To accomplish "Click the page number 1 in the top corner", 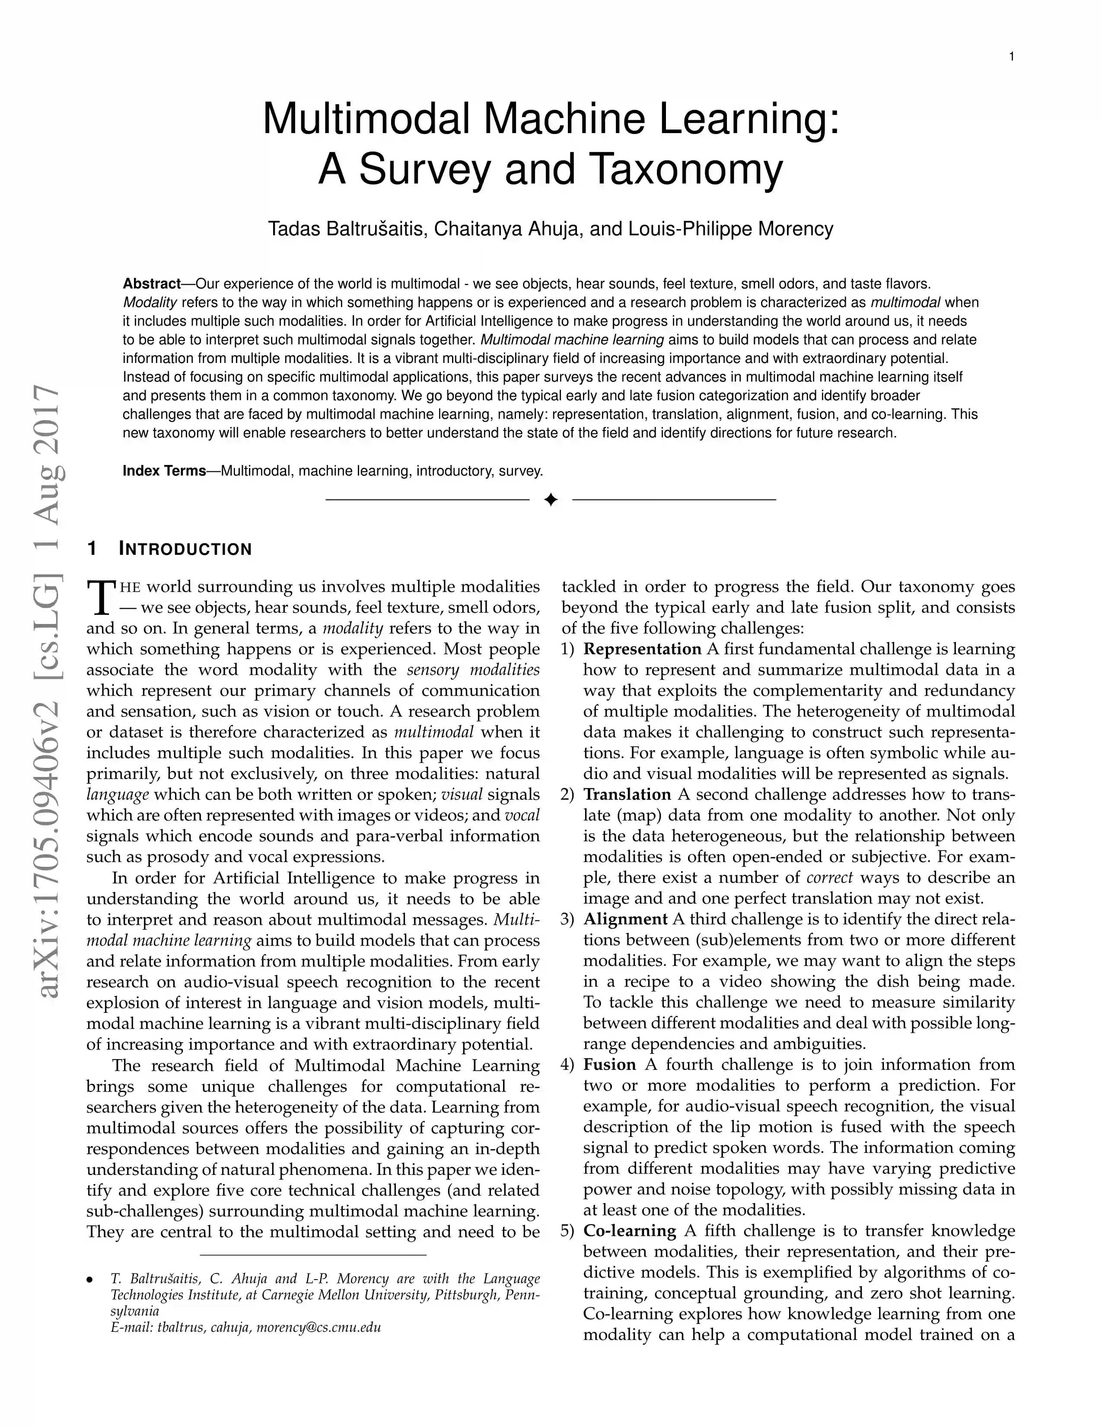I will click(1011, 57).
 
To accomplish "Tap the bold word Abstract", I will click(151, 284).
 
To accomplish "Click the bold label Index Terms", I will click(165, 471).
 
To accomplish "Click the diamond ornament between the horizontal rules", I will click(550, 500).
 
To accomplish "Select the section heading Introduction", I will click(185, 549).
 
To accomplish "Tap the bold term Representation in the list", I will click(642, 649).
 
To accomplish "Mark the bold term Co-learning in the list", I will click(629, 1231).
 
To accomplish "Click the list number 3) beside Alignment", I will click(567, 919).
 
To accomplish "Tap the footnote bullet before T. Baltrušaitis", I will click(90, 1279).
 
